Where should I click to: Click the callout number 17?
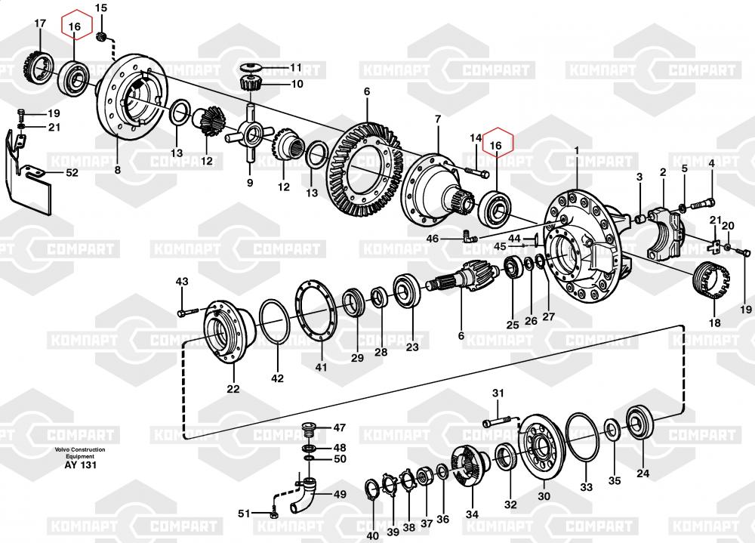coord(40,23)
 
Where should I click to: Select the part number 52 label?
coord(72,173)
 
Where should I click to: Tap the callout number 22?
coord(233,389)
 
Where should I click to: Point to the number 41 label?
coord(322,367)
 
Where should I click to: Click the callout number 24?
coord(643,474)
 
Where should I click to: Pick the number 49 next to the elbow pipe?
coord(340,495)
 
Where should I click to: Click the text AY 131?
coord(80,465)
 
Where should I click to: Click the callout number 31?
coord(498,393)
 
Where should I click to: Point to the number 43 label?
coord(181,282)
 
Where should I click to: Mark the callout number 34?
coord(472,515)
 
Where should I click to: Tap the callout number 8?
coord(117,171)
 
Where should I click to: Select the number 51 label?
coord(243,514)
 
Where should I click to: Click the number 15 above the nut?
coord(102,8)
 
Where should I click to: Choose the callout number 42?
coord(278,378)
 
